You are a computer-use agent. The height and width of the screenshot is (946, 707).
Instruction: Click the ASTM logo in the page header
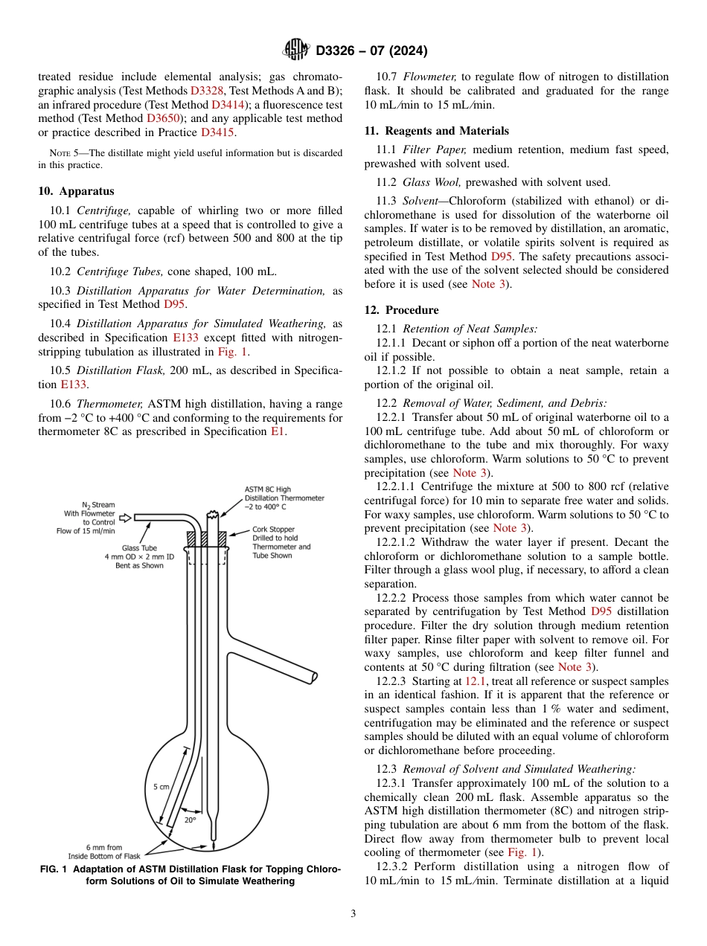tap(297, 51)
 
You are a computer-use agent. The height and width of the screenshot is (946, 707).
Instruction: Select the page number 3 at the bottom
tap(353, 913)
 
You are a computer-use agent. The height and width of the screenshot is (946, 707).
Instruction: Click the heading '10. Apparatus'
tap(76, 191)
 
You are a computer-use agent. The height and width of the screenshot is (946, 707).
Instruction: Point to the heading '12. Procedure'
tap(401, 309)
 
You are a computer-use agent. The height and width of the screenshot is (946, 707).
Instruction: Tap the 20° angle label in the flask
tap(190, 820)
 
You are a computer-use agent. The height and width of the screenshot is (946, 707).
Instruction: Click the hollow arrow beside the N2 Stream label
tap(125, 517)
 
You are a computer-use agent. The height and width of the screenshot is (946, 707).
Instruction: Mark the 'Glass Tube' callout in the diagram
tap(140, 547)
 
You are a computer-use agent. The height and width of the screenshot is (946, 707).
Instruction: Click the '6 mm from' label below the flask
tap(104, 847)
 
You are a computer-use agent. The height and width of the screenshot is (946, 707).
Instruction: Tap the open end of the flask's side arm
tap(314, 677)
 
